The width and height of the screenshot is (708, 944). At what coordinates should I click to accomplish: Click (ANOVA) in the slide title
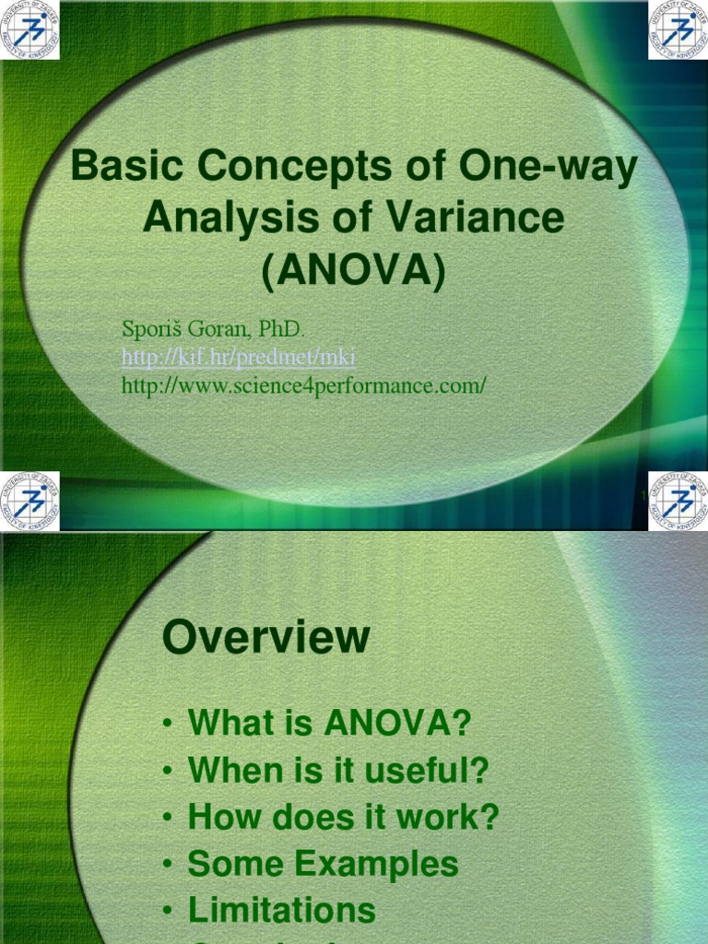click(x=354, y=269)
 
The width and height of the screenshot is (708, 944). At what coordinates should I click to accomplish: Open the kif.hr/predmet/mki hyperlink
click(x=238, y=357)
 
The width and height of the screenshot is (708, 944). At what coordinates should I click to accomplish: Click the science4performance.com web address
click(x=303, y=385)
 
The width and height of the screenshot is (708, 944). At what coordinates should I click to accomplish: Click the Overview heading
click(x=266, y=638)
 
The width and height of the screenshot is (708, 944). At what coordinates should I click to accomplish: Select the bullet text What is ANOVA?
click(x=329, y=723)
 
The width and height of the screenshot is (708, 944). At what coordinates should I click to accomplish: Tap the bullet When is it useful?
click(x=337, y=771)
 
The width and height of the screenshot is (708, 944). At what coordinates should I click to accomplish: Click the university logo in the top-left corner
click(x=29, y=29)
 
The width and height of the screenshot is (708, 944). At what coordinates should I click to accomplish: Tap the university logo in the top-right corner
click(x=678, y=29)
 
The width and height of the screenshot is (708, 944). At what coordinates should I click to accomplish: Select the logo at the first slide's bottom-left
click(x=29, y=501)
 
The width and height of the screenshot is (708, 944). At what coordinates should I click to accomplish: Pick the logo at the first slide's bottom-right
click(x=678, y=501)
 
